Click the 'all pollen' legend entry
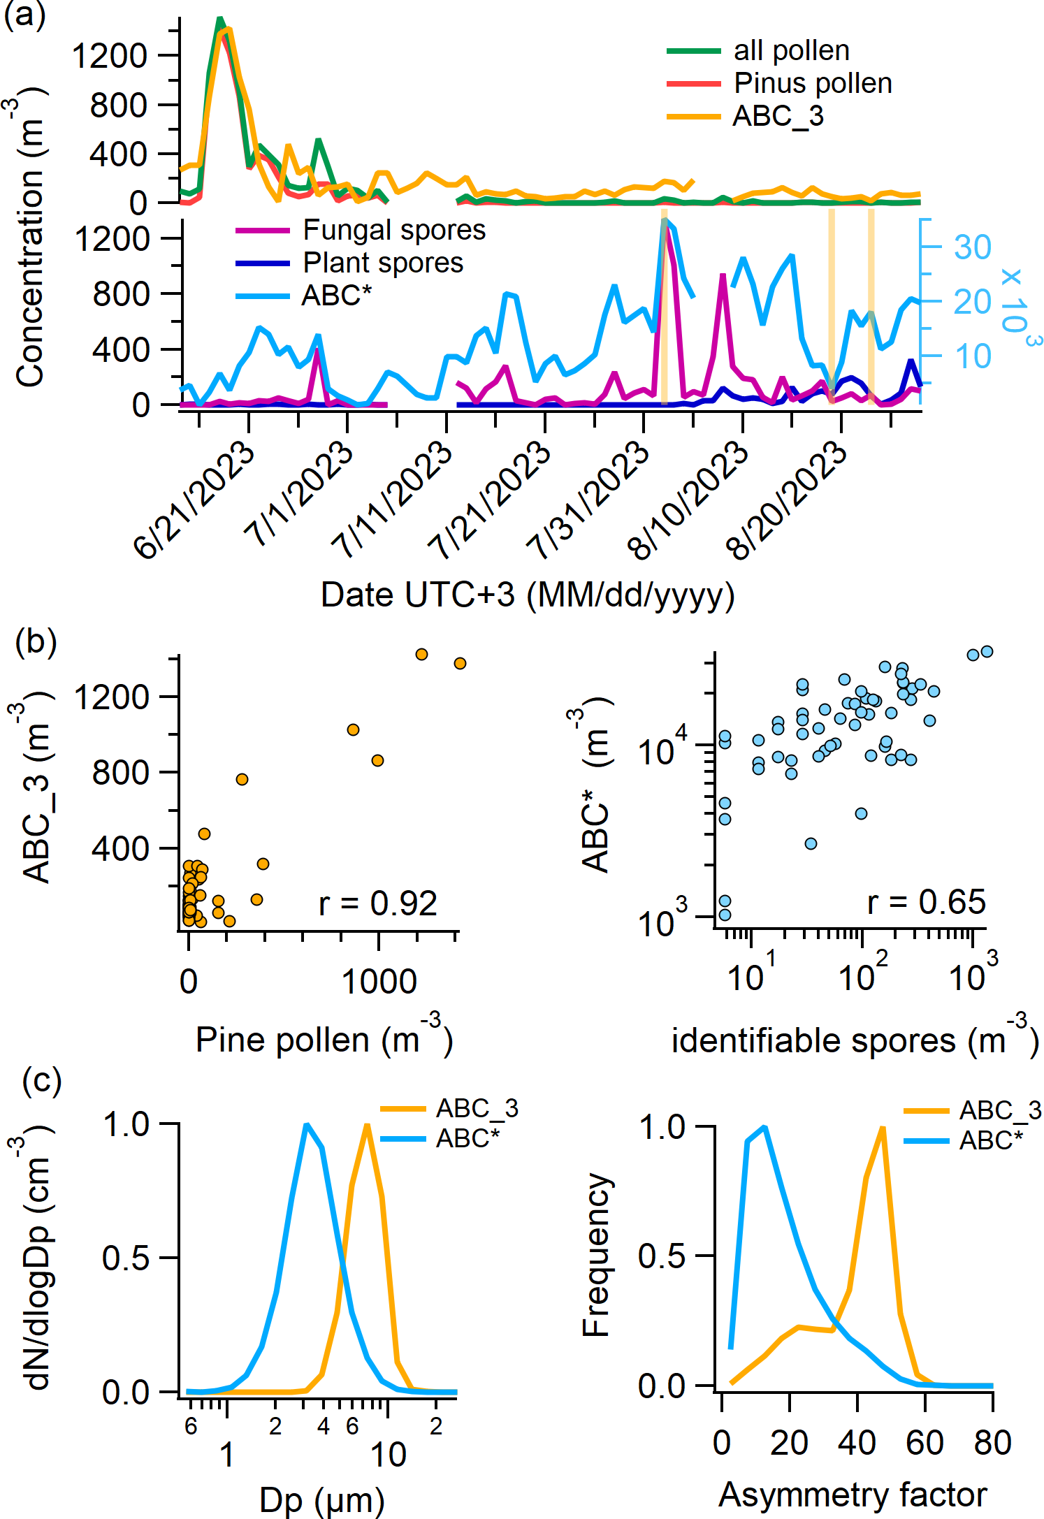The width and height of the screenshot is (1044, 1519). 791,50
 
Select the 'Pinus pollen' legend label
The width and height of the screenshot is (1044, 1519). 813,83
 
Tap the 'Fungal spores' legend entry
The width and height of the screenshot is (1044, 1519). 394,230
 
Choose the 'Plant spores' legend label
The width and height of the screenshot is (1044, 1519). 383,263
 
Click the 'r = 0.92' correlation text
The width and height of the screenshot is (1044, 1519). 378,903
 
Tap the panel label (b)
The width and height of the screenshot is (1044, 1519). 36,641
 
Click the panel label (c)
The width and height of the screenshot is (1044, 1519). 42,1080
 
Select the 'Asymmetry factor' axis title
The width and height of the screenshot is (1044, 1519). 853,1495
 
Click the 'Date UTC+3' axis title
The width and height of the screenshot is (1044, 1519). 528,595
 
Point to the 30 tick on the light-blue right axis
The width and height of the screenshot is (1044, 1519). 973,247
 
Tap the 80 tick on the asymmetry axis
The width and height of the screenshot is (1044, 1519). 992,1442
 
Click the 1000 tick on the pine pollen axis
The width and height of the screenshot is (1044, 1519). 379,982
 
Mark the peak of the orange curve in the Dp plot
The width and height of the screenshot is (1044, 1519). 366,1125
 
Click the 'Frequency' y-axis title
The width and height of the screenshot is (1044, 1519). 597,1254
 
